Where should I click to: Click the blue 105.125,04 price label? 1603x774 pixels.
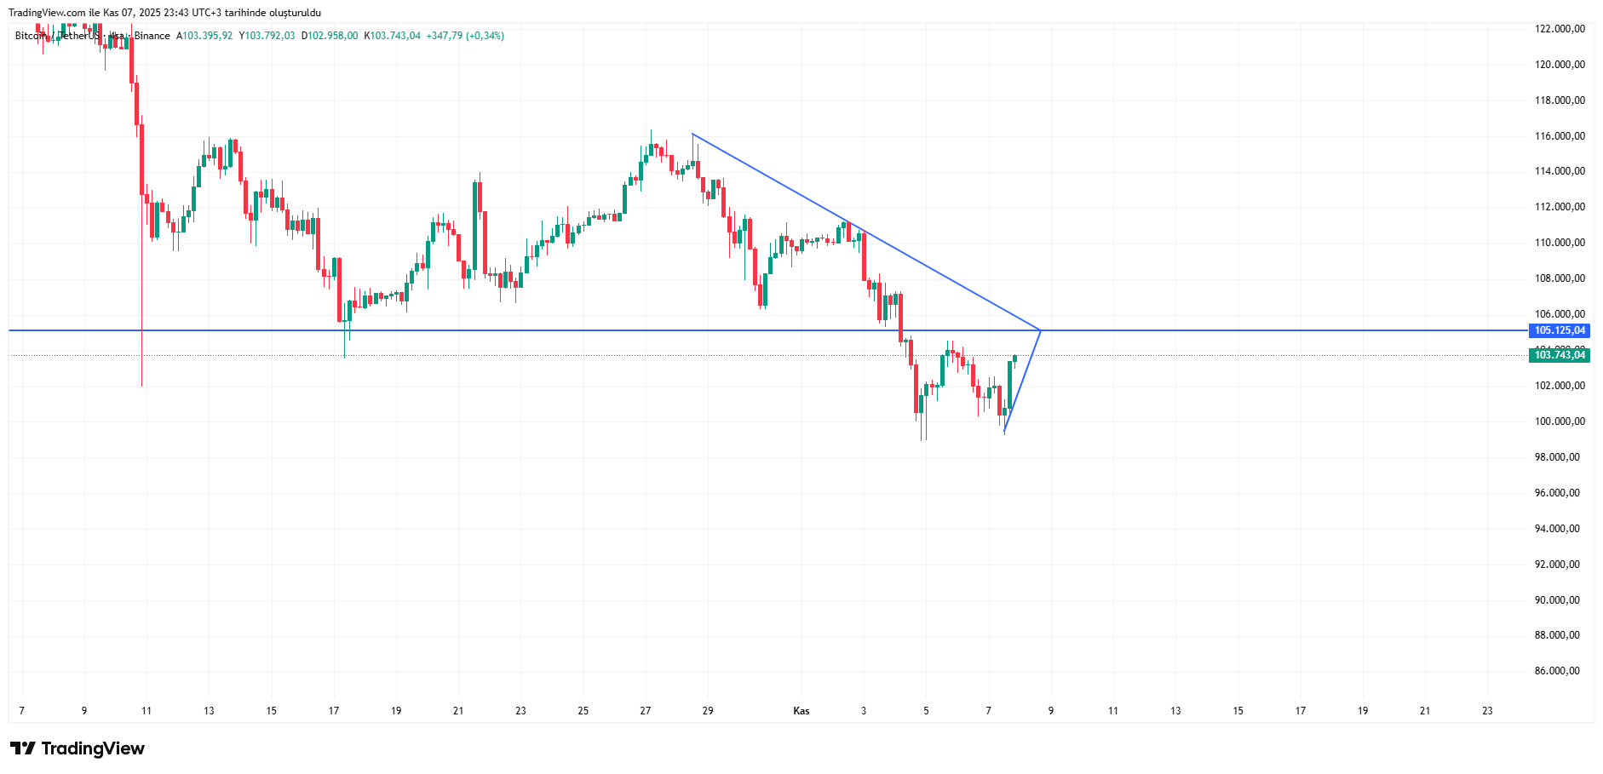(x=1560, y=330)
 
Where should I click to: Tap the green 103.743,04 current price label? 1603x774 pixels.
(x=1560, y=355)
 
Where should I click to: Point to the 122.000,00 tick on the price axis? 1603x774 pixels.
(x=1559, y=29)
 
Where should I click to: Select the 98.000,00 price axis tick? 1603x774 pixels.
(x=1556, y=457)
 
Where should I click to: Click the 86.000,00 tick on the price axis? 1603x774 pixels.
(x=1556, y=671)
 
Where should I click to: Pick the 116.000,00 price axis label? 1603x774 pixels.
(x=1559, y=136)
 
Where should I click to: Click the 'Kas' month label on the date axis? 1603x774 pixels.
(x=801, y=711)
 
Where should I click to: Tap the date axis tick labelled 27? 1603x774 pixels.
(x=646, y=711)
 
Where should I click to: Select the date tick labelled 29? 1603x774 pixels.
(x=708, y=711)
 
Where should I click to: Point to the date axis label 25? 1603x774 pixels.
(x=583, y=711)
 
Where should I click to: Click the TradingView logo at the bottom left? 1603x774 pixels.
(x=78, y=748)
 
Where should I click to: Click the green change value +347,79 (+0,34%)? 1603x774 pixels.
(x=465, y=36)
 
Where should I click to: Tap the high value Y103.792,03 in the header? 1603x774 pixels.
(x=267, y=36)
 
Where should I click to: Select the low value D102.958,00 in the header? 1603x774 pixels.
(x=330, y=36)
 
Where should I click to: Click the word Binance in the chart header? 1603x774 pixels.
(x=152, y=36)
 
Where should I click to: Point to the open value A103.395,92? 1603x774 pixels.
(x=204, y=36)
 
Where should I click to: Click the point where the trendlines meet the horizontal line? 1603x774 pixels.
(x=1040, y=330)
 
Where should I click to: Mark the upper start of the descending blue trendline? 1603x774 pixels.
(x=692, y=134)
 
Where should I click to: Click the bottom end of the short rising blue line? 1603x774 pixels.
(x=1005, y=433)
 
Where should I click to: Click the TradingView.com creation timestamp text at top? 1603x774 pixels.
(x=164, y=13)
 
